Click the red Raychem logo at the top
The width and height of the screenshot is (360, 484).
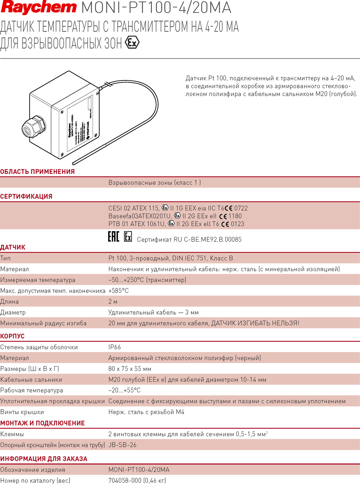pos(39,7)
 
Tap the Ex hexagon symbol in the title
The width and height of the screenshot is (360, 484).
pos(132,42)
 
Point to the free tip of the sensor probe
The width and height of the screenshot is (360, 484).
pos(74,163)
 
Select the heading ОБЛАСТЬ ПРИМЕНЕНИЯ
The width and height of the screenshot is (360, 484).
pos(37,172)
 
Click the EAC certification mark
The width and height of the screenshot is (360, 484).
pos(113,236)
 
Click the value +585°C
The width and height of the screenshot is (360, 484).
pos(119,291)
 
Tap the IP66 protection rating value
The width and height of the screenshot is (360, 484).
pos(115,347)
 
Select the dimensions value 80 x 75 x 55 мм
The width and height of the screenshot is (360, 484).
pos(130,369)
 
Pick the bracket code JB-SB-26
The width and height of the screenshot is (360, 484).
pos(122,445)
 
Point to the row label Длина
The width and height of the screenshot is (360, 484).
pos(9,302)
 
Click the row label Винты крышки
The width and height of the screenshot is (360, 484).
pos(22,412)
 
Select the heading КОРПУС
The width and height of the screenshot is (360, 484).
pos(12,336)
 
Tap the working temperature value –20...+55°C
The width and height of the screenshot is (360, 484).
pos(124,390)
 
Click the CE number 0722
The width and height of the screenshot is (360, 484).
pos(241,208)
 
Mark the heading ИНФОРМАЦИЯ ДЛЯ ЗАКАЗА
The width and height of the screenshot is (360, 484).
pos(44,459)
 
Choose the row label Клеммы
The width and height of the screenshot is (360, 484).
pos(12,434)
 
